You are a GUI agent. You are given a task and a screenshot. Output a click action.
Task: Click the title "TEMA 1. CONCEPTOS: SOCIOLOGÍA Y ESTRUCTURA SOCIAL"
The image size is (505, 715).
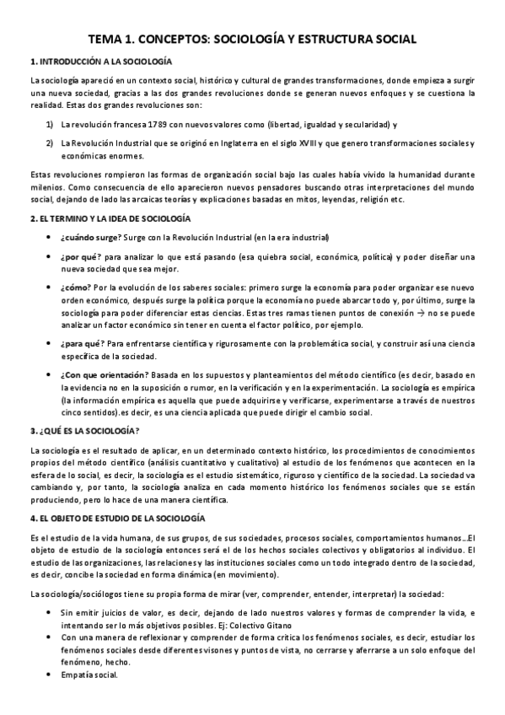(x=252, y=40)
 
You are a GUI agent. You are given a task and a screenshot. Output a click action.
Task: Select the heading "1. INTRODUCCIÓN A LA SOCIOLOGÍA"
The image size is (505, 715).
(x=100, y=62)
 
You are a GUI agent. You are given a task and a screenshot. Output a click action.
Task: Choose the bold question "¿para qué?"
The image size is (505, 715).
(x=82, y=343)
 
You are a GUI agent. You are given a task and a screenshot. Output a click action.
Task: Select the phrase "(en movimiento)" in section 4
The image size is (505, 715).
(x=244, y=574)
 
